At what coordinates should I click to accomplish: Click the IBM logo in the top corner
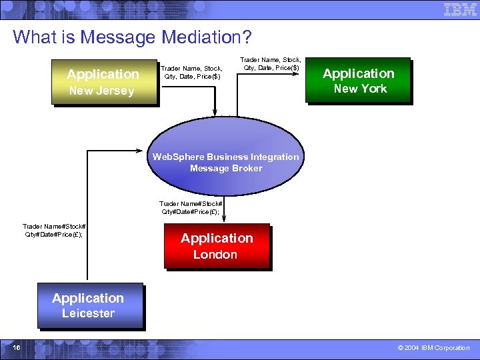(x=460, y=9)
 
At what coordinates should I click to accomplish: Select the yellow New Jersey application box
(x=103, y=82)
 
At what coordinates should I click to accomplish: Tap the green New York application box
(x=359, y=81)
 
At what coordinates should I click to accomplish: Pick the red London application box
(x=217, y=245)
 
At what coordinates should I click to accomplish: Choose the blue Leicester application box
(x=89, y=305)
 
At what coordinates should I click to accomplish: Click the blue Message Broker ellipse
(x=225, y=163)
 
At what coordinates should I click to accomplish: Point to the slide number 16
(x=16, y=347)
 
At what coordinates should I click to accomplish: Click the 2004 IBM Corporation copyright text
(x=433, y=347)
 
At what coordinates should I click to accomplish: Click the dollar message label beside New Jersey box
(x=191, y=72)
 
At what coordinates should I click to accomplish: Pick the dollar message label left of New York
(x=271, y=63)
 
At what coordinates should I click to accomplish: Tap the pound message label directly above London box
(x=190, y=207)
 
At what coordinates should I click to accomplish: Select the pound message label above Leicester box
(x=53, y=230)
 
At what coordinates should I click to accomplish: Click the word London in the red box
(x=215, y=255)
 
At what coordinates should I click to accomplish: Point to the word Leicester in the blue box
(x=88, y=313)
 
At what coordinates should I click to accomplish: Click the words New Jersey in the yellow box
(x=101, y=91)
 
